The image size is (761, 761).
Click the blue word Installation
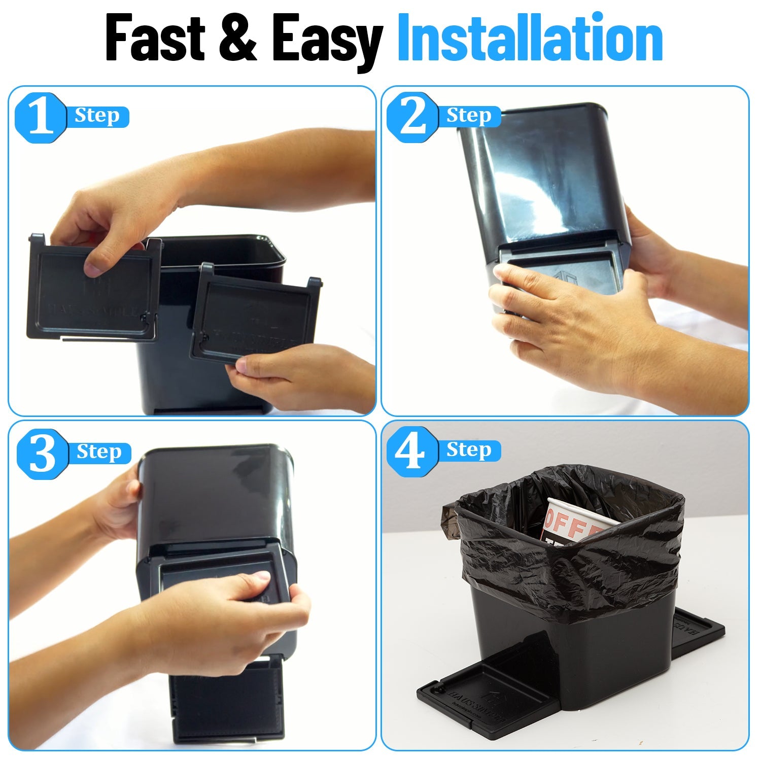click(x=530, y=38)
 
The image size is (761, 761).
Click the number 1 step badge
click(x=41, y=118)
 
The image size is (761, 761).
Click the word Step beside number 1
click(x=97, y=116)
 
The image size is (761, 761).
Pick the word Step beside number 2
click(x=469, y=116)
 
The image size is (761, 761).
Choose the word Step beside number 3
click(x=99, y=452)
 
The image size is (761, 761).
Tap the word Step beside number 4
click(x=469, y=450)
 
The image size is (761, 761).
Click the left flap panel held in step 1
click(x=91, y=292)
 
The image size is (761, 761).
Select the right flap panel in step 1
click(x=254, y=317)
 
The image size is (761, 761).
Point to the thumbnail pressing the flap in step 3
click(x=262, y=576)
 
